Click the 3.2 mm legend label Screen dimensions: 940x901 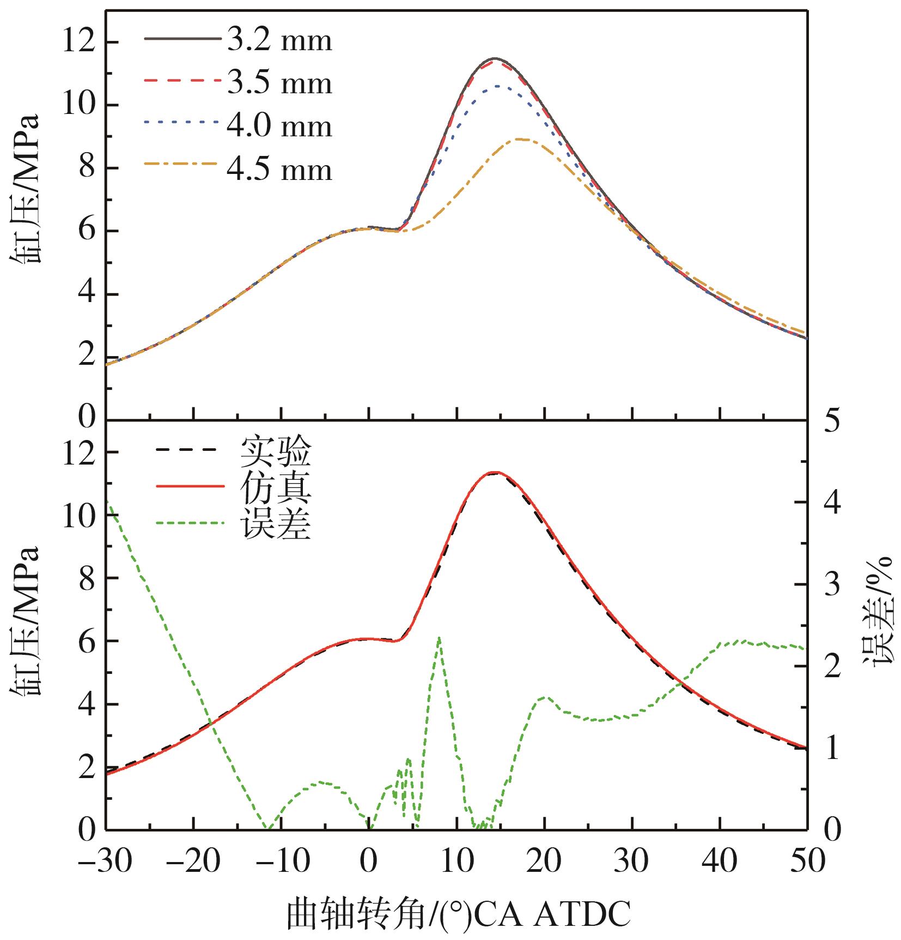point(279,40)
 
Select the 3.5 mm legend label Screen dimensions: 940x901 point(279,83)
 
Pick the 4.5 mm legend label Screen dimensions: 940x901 point(279,170)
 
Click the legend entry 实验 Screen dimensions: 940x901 point(276,451)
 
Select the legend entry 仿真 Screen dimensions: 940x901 point(276,488)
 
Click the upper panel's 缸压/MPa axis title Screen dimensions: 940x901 point(25,188)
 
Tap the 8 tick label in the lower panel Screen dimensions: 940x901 point(87,578)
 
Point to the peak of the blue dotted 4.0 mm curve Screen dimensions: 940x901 point(498,86)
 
